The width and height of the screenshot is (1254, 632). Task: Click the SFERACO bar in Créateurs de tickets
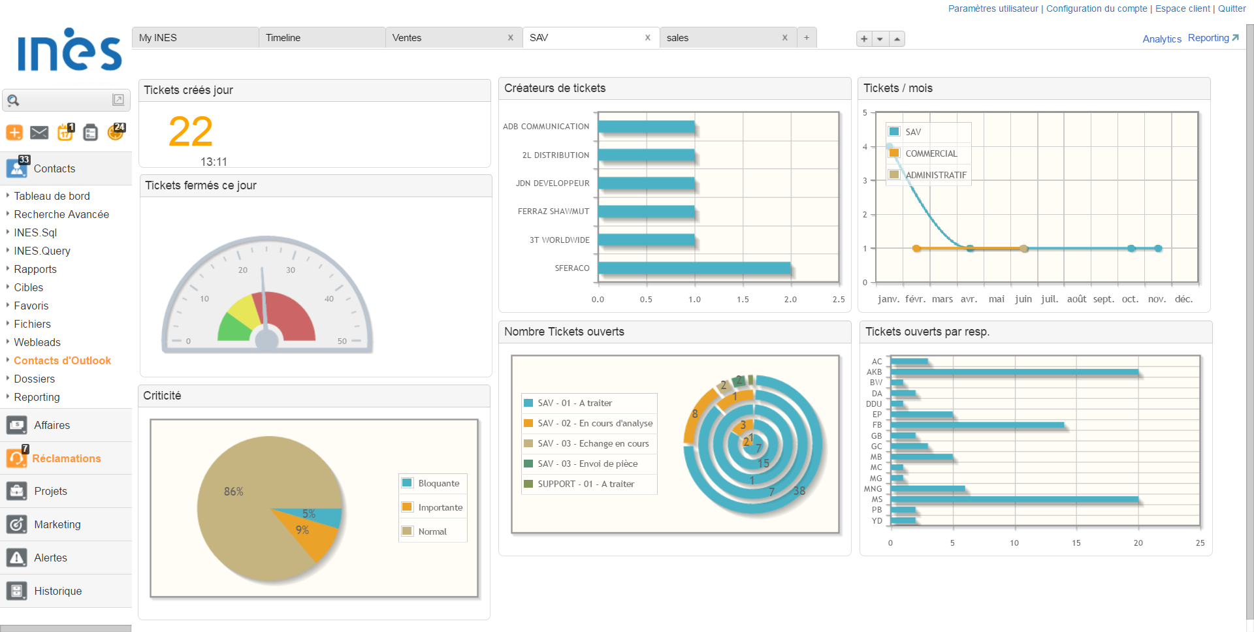pyautogui.click(x=694, y=268)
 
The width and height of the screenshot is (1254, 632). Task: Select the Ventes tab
pyautogui.click(x=407, y=38)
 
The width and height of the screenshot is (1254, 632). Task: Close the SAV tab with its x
pyautogui.click(x=647, y=38)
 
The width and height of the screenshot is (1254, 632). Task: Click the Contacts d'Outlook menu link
pyautogui.click(x=62, y=360)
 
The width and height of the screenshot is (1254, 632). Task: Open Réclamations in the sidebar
pyautogui.click(x=66, y=458)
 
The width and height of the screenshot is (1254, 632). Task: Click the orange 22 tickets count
pyautogui.click(x=191, y=132)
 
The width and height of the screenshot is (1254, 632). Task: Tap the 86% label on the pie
pyautogui.click(x=233, y=492)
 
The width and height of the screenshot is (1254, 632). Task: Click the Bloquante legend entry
pyautogui.click(x=438, y=483)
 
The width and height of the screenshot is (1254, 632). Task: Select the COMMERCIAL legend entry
pyautogui.click(x=931, y=153)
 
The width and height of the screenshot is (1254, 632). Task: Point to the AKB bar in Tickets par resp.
pyautogui.click(x=1014, y=372)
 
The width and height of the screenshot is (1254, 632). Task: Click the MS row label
pyautogui.click(x=876, y=499)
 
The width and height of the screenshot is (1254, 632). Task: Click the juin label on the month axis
pyautogui.click(x=1023, y=299)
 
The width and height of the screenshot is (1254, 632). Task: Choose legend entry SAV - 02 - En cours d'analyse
pyautogui.click(x=594, y=423)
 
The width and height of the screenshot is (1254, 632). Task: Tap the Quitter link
pyautogui.click(x=1232, y=8)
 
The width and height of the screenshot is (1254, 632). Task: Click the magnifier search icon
pyautogui.click(x=14, y=101)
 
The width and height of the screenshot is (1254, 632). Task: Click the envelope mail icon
pyautogui.click(x=39, y=133)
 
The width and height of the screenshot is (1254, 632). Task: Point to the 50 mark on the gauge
pyautogui.click(x=342, y=341)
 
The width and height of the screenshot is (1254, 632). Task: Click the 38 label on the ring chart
pyautogui.click(x=799, y=491)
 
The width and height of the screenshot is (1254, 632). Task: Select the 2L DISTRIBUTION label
pyautogui.click(x=555, y=155)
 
